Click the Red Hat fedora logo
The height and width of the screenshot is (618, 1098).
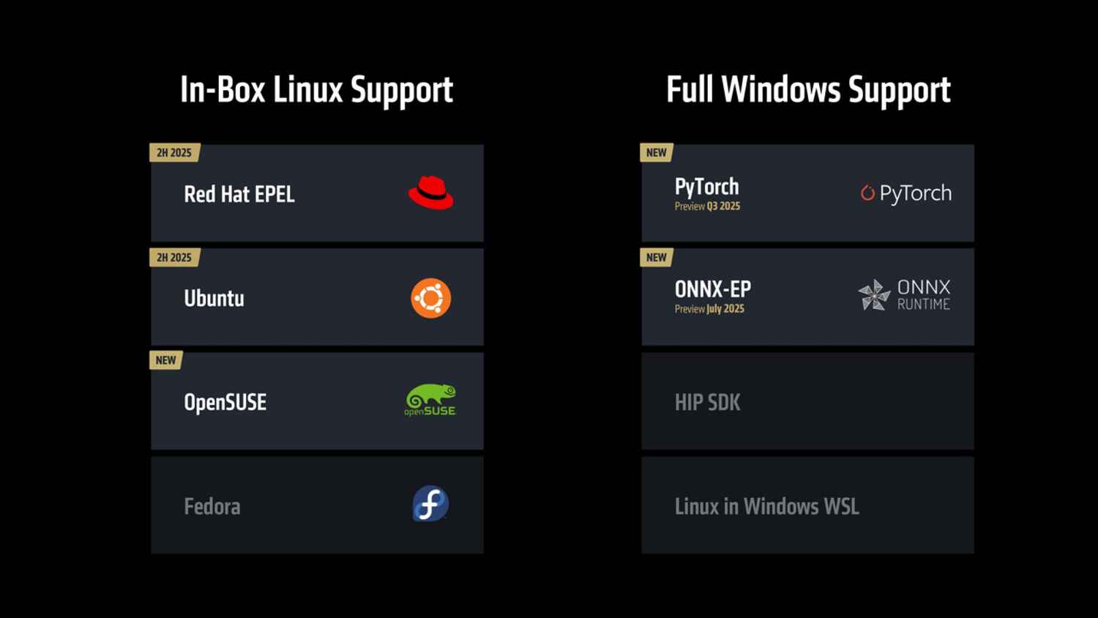[x=430, y=193]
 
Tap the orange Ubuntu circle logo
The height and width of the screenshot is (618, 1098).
[x=430, y=298]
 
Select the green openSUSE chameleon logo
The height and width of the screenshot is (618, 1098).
[x=430, y=401]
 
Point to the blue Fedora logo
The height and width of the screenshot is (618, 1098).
[x=430, y=505]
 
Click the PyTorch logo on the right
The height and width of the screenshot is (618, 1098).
[x=906, y=193]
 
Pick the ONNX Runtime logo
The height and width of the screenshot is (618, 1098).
[x=905, y=295]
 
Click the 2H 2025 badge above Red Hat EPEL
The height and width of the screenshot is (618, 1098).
[x=174, y=153]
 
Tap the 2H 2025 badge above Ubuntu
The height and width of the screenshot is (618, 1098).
[x=174, y=258]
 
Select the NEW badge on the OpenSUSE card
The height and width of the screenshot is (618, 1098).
[x=166, y=360]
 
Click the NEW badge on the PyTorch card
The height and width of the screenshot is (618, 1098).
[x=657, y=153]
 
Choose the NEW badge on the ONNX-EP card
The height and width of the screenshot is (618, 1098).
[x=657, y=258]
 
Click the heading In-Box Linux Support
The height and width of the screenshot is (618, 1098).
[x=316, y=90]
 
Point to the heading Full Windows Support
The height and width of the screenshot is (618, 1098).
[x=808, y=90]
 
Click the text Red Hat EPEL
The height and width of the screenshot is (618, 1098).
[x=239, y=194]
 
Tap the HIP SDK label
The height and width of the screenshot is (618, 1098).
[x=707, y=402]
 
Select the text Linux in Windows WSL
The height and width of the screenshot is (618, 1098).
[x=766, y=506]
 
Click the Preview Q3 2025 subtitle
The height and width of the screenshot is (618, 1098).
[x=707, y=206]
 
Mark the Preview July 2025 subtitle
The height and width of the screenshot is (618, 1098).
[x=709, y=309]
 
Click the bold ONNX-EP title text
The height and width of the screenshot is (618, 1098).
[x=713, y=289]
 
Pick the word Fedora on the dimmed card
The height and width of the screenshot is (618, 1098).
[x=212, y=506]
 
